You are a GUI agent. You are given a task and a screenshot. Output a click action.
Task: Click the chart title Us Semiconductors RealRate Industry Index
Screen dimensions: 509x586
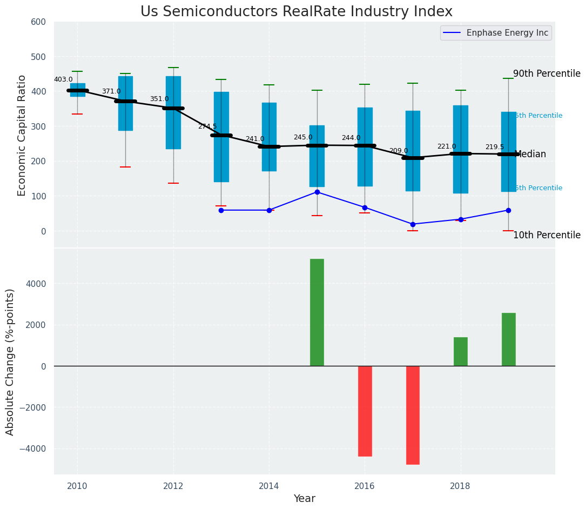pyautogui.click(x=296, y=12)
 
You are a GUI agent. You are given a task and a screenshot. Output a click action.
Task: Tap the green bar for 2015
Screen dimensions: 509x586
pyautogui.click(x=317, y=312)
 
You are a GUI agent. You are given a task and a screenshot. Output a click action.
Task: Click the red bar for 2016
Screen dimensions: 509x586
pyautogui.click(x=365, y=411)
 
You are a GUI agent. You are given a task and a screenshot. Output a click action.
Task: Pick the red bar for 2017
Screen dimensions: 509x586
pyautogui.click(x=413, y=415)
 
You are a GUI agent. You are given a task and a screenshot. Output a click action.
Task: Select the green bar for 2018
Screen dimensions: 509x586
pyautogui.click(x=461, y=352)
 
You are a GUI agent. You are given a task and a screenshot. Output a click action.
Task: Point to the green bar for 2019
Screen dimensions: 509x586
pyautogui.click(x=508, y=339)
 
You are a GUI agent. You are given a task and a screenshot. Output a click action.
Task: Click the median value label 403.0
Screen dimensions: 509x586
pyautogui.click(x=63, y=79)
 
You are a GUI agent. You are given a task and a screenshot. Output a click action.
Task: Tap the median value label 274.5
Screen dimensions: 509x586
pyautogui.click(x=207, y=126)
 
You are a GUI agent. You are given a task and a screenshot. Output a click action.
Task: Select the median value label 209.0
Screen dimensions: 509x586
pyautogui.click(x=399, y=151)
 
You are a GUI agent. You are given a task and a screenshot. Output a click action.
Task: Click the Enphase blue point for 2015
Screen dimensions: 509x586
pyautogui.click(x=317, y=192)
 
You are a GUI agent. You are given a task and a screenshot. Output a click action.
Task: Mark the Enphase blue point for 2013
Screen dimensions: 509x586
pyautogui.click(x=221, y=210)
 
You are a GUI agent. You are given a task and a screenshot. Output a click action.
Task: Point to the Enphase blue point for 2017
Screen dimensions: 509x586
pyautogui.click(x=413, y=224)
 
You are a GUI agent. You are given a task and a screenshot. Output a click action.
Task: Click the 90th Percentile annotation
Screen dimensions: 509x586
pyautogui.click(x=547, y=74)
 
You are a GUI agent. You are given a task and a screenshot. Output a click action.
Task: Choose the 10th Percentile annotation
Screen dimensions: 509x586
pyautogui.click(x=547, y=235)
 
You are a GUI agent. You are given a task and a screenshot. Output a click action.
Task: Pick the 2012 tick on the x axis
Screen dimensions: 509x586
pyautogui.click(x=173, y=486)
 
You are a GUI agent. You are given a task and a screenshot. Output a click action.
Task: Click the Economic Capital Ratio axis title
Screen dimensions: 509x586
pyautogui.click(x=22, y=135)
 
